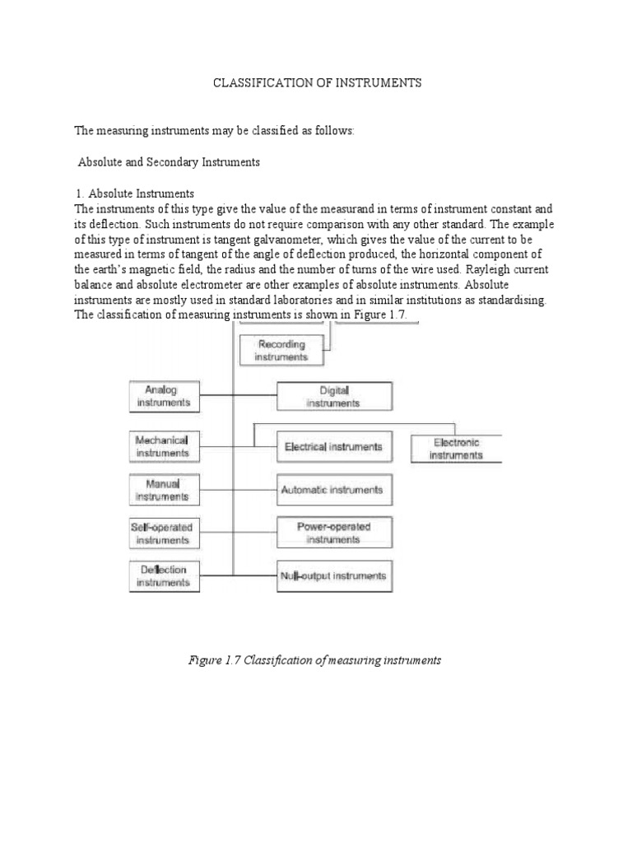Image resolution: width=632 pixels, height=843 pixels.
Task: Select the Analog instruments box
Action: [x=163, y=395]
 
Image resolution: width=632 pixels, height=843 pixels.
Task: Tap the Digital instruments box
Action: [x=333, y=396]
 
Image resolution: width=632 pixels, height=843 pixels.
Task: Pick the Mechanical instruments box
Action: [x=164, y=445]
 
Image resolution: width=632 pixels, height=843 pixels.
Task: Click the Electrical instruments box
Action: [x=333, y=446]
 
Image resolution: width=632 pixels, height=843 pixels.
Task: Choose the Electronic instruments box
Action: [x=456, y=447]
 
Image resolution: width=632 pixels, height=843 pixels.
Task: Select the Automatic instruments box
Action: [x=333, y=490]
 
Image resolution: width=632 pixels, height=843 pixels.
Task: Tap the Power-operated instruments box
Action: [x=333, y=533]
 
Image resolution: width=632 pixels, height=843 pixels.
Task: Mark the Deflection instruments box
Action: [x=164, y=575]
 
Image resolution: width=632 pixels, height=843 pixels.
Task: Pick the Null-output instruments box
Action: [x=333, y=575]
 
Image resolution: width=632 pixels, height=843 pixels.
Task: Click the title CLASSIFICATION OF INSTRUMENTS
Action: [x=317, y=83]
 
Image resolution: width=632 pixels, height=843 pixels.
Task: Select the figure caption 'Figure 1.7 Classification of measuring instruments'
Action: [x=316, y=660]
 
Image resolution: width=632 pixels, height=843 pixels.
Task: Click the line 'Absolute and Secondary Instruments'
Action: [x=169, y=162]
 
